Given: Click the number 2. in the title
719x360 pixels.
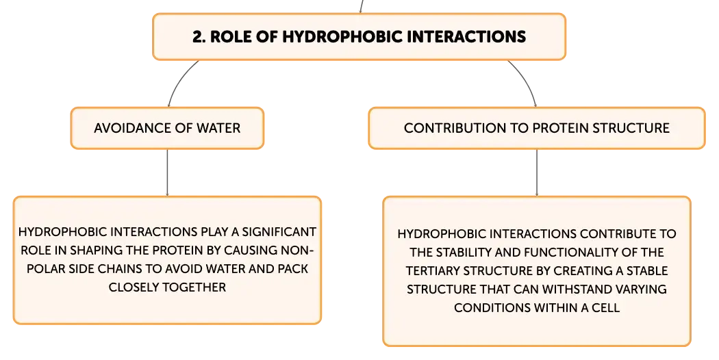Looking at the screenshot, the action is tap(199, 37).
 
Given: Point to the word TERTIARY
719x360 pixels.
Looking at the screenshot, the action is tap(433, 270).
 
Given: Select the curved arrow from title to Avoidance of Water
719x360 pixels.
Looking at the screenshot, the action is tap(178, 80).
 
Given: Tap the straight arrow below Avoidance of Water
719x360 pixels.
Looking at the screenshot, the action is tap(167, 173).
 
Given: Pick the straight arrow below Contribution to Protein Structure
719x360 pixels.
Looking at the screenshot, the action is tap(536, 173).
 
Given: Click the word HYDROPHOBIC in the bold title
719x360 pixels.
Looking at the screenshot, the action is tap(342, 37).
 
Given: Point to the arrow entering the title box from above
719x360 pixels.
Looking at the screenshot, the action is tap(362, 6).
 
